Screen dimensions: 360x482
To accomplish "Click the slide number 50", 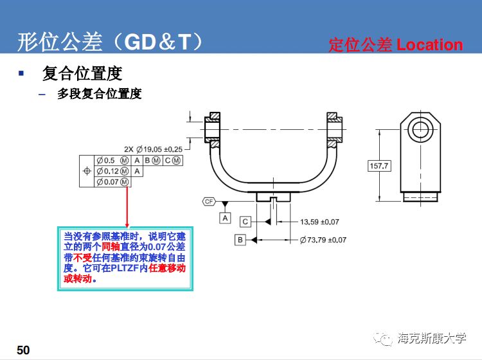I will pyautogui.click(x=23, y=350).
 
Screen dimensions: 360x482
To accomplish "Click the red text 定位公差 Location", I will pyautogui.click(x=395, y=45).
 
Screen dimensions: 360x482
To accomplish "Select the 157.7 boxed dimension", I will pyautogui.click(x=379, y=166).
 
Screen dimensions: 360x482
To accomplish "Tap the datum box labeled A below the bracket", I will pyautogui.click(x=226, y=218).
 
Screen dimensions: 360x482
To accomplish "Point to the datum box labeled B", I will pyautogui.click(x=240, y=240).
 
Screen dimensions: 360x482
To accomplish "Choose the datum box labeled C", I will pyautogui.click(x=245, y=222).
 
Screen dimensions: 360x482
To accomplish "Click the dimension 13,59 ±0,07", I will pyautogui.click(x=319, y=222).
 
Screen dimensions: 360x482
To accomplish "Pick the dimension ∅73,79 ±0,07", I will pyautogui.click(x=323, y=240).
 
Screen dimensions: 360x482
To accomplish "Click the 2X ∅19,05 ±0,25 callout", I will pyautogui.click(x=154, y=149).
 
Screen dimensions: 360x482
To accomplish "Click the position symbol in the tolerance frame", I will pyautogui.click(x=87, y=171).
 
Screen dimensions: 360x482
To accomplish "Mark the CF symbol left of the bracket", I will pyautogui.click(x=208, y=201).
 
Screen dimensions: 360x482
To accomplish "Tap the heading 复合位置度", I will pyautogui.click(x=82, y=73).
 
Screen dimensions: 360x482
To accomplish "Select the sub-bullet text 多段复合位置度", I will pyautogui.click(x=99, y=94).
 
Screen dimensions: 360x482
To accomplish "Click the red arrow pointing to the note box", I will pyautogui.click(x=127, y=206).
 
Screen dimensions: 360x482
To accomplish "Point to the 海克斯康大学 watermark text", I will pyautogui.click(x=432, y=338).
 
